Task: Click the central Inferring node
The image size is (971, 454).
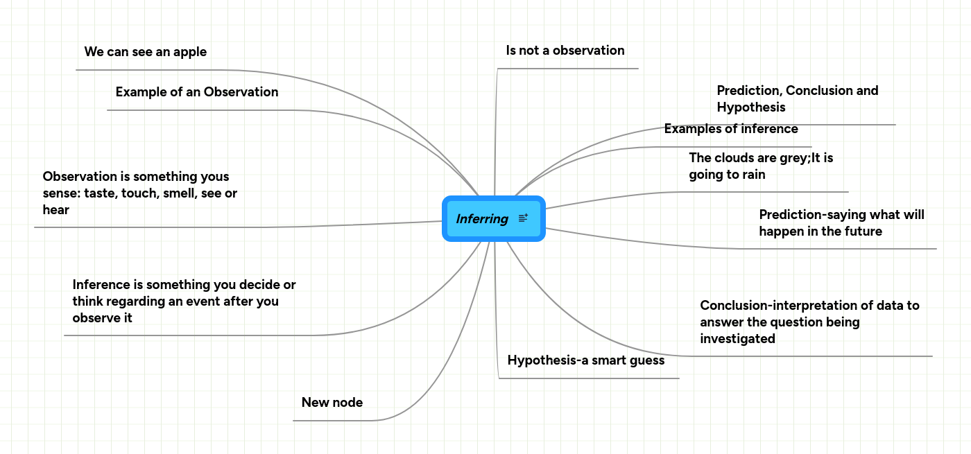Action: tap(482, 219)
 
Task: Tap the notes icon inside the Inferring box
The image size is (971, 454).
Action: tap(523, 218)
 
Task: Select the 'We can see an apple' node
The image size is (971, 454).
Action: tap(145, 52)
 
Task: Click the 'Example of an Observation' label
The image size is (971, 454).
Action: tap(196, 92)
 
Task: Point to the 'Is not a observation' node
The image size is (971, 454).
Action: tap(565, 51)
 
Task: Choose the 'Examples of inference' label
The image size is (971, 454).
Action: tap(730, 129)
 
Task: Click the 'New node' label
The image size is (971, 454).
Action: tap(332, 403)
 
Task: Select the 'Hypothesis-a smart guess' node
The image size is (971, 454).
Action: tap(585, 360)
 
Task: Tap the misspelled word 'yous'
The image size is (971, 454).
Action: tap(212, 177)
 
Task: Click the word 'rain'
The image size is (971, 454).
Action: tap(751, 175)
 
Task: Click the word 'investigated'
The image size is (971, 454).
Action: tap(737, 339)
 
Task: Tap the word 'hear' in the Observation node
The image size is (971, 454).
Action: tap(56, 210)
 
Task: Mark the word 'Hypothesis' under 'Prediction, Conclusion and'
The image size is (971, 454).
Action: tap(750, 107)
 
